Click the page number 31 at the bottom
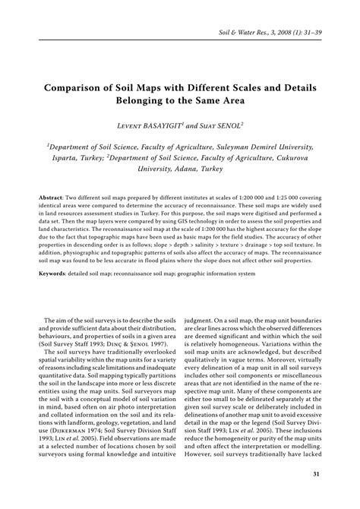336,476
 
